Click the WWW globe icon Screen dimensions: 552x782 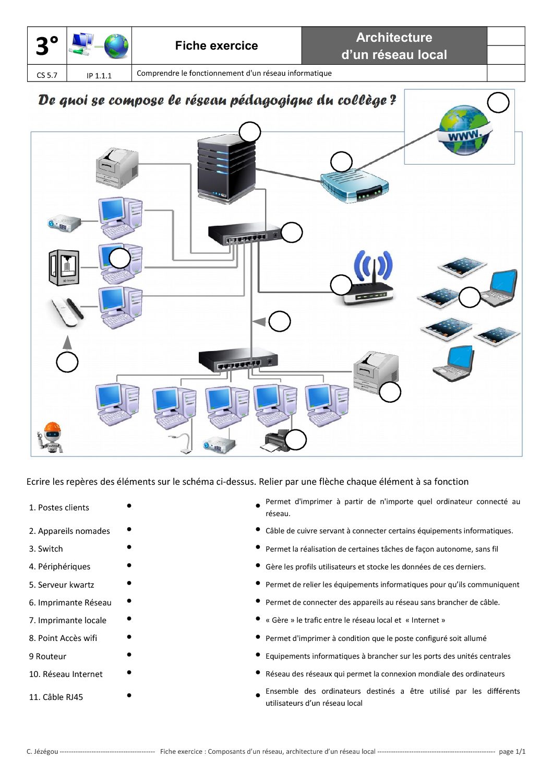(x=464, y=130)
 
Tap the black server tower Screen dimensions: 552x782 (x=226, y=168)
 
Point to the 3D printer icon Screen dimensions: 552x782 (x=64, y=267)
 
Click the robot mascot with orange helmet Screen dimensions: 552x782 (x=50, y=437)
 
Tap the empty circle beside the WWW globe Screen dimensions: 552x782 (x=498, y=102)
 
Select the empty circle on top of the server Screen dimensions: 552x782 (x=250, y=132)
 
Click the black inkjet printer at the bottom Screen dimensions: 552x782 (x=275, y=441)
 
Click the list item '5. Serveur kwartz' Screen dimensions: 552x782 (x=62, y=585)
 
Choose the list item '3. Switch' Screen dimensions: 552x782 (x=46, y=548)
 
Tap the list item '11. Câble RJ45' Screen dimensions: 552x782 (x=56, y=697)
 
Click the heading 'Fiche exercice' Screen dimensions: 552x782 (x=216, y=45)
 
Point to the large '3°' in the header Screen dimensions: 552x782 (x=47, y=46)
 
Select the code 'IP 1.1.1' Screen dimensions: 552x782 (x=99, y=75)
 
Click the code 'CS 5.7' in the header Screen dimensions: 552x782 (x=47, y=75)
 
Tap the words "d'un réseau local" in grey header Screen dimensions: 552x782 (x=394, y=55)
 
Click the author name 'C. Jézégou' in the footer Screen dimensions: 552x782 (x=42, y=751)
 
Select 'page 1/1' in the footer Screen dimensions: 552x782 (x=512, y=751)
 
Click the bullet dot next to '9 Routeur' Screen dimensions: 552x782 (x=129, y=655)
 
